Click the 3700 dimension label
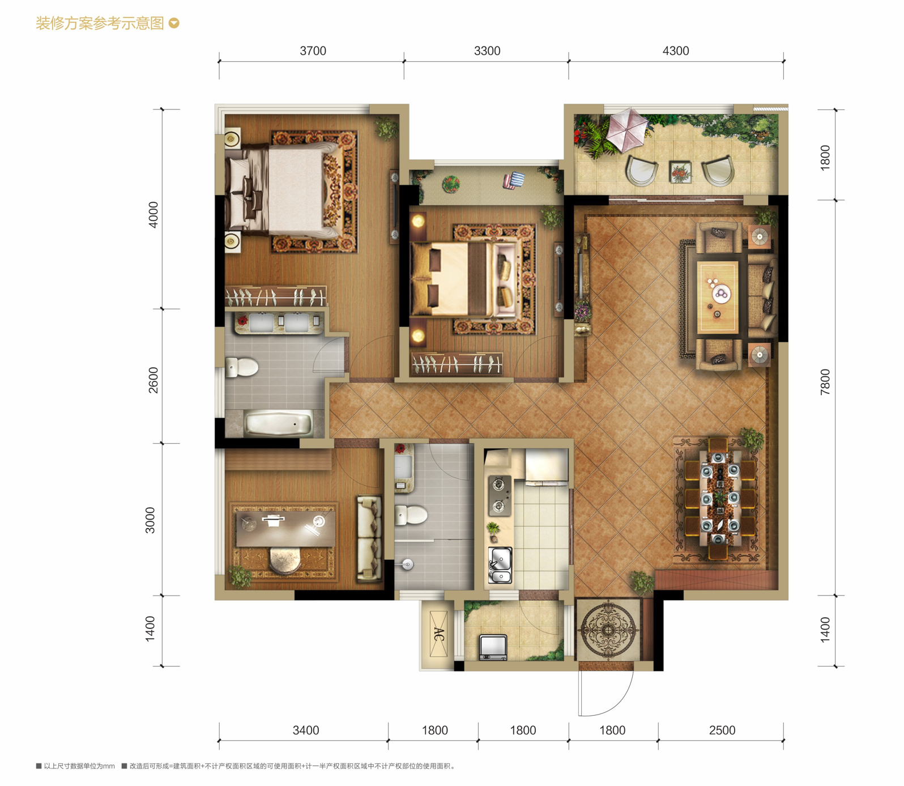(313, 51)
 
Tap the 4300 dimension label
(676, 51)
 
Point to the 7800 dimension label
(825, 382)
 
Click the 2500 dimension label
(722, 730)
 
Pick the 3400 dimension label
(306, 730)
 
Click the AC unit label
(438, 634)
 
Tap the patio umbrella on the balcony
(626, 129)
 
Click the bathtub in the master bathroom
(278, 424)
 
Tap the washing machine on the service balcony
(493, 647)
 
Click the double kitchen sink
(500, 566)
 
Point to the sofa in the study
(369, 538)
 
